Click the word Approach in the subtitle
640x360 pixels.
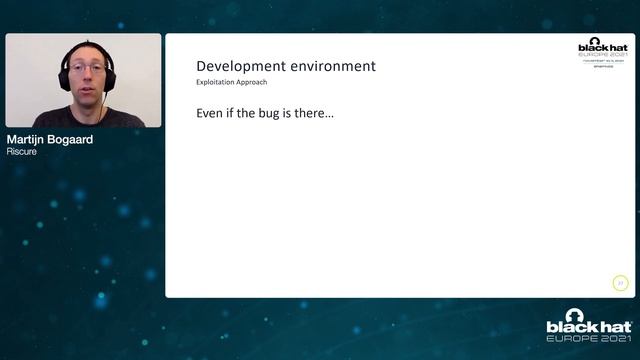pos(250,82)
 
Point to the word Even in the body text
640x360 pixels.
pos(212,114)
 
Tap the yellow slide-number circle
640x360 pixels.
pos(620,283)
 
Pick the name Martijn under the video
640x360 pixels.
pos(30,140)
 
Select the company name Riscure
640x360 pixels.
pos(21,152)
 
